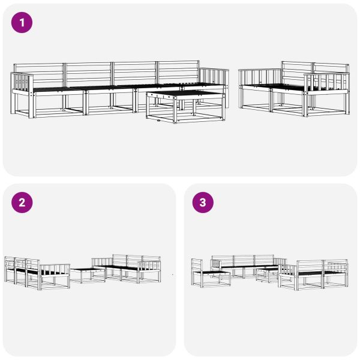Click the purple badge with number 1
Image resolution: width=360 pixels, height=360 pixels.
coord(22,23)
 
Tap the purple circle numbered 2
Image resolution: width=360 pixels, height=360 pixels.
coord(22,203)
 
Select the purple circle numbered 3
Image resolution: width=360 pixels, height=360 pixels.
coord(203,203)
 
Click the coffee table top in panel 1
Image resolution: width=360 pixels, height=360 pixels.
coord(185,94)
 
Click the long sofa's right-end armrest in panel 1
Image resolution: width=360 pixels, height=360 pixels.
coord(214,78)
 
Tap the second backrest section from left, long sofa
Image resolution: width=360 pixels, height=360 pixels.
coord(88,74)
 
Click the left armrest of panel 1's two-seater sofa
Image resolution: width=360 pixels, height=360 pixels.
coord(260,77)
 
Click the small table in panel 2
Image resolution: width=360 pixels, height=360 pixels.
coord(88,275)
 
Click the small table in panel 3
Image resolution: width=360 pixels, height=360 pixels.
coord(268,274)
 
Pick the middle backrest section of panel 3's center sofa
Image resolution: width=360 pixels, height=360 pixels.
coord(244,260)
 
